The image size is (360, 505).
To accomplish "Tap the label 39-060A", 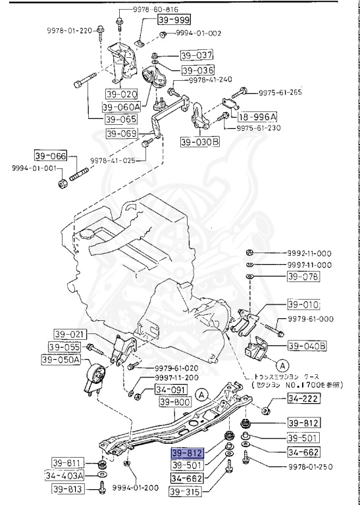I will coord(121,107).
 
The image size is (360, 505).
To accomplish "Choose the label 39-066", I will coord(51,156).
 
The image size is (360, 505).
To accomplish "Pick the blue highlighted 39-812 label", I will coord(188,453).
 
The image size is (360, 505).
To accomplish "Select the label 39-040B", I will coord(309,345).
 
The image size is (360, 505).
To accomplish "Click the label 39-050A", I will coord(61,360).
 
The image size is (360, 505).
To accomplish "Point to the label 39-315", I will coord(186,491).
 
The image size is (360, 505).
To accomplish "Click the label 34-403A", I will coord(65,475).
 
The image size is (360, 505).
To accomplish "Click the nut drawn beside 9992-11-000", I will coord(251,253).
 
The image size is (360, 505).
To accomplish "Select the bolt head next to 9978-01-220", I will coord(99,30).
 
